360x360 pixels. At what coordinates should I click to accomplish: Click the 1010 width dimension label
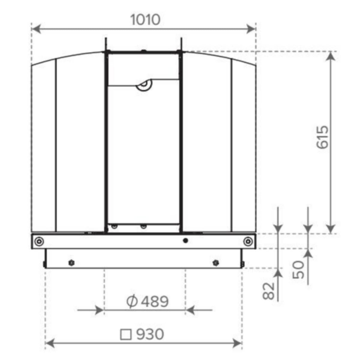coord(145,20)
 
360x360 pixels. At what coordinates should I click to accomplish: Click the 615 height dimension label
coord(323,137)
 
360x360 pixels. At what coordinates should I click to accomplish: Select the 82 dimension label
coord(269,291)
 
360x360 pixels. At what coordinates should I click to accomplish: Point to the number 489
coord(155,301)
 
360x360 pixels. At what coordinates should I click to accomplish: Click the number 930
coord(150,334)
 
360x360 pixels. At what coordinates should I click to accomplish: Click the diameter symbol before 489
coord(132,301)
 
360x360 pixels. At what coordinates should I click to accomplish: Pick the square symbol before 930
coord(126,334)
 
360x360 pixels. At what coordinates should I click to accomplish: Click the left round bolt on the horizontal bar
coord(39,241)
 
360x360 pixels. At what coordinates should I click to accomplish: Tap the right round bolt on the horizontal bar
coord(248,241)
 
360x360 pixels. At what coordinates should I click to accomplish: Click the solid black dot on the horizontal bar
coord(186,240)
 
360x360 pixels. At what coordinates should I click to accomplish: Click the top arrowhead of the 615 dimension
coord(331,56)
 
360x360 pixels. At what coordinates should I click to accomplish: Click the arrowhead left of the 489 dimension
coord(100,310)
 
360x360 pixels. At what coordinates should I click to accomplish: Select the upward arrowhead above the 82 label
coord(278,273)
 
